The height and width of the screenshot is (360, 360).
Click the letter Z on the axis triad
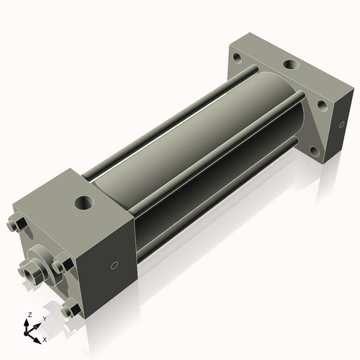click(x=28, y=315)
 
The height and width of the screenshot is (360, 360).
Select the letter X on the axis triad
click(x=45, y=338)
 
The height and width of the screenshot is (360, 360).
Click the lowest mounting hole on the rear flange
click(x=315, y=152)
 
